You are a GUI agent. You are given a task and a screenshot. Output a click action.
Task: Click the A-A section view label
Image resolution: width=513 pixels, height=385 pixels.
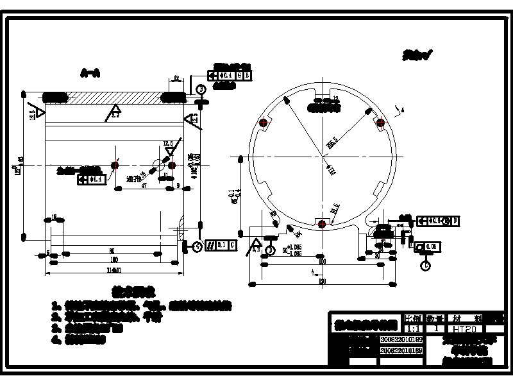point(90,73)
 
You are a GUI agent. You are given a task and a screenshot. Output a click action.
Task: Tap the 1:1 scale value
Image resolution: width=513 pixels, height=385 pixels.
point(414,329)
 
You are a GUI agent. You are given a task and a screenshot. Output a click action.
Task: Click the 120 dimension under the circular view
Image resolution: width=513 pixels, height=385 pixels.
point(322,280)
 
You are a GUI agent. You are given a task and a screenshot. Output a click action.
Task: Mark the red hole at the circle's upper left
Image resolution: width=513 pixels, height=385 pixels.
point(262,123)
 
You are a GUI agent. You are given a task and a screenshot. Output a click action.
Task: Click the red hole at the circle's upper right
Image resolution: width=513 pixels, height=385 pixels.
point(380,122)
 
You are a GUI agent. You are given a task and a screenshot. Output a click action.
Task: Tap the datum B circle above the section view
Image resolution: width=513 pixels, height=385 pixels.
point(201,89)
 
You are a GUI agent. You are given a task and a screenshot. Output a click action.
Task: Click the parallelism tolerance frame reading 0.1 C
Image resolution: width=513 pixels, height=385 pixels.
point(224,245)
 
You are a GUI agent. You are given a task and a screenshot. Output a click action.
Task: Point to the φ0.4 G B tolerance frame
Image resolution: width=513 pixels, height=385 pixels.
point(233,76)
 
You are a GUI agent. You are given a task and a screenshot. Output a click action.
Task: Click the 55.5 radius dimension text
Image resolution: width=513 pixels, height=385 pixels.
point(332,142)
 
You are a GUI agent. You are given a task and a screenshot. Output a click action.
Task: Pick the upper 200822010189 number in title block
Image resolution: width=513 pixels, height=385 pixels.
point(401,339)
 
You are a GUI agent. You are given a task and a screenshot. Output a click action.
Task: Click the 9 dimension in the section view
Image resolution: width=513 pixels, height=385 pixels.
point(178,185)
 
